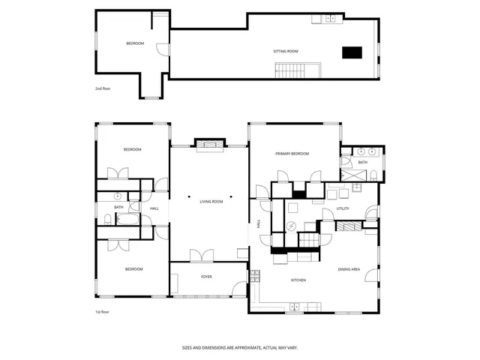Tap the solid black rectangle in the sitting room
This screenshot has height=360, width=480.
[x=352, y=52]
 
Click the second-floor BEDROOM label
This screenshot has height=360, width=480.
[x=135, y=43]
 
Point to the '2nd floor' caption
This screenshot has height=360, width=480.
[x=103, y=88]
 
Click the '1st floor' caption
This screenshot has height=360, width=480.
[x=102, y=311]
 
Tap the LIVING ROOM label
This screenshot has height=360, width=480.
[x=211, y=202]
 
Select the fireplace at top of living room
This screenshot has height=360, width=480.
[x=210, y=144]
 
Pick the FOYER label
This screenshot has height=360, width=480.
[x=206, y=277]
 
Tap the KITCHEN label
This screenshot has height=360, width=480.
[x=299, y=280]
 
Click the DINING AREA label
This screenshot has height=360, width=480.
[x=349, y=269]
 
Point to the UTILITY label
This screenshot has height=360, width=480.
[x=343, y=208]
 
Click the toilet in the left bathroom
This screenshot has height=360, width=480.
[x=109, y=220]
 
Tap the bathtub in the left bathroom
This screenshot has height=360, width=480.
[x=127, y=220]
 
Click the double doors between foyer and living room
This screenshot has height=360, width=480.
[x=202, y=256]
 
